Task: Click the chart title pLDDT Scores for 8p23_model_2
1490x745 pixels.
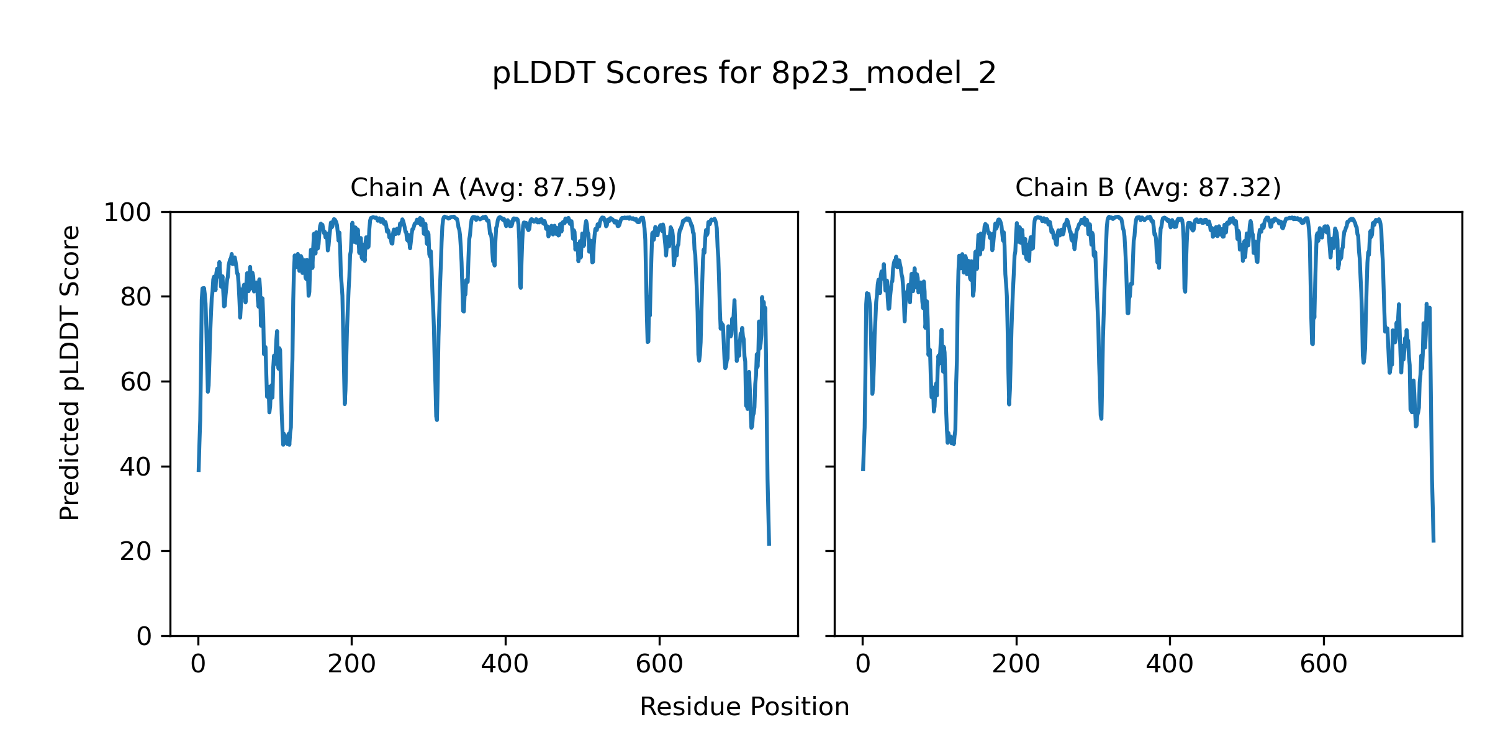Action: [x=744, y=74]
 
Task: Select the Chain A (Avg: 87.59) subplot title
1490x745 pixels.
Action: [x=483, y=187]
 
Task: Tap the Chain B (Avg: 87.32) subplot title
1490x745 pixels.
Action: [x=1148, y=187]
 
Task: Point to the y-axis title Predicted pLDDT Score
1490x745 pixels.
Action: [x=70, y=372]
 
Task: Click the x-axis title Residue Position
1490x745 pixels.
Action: [x=744, y=707]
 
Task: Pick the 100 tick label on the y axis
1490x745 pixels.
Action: [x=127, y=213]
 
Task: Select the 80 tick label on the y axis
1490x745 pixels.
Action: [x=136, y=297]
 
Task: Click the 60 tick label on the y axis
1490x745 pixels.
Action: [x=136, y=382]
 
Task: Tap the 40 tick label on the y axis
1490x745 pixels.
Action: [x=136, y=467]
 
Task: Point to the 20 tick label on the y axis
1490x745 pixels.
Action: [x=136, y=551]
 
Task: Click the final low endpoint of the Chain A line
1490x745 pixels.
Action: [x=769, y=544]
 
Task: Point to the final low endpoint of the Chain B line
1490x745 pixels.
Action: [x=1434, y=541]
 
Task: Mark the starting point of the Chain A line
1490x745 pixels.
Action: [x=198, y=471]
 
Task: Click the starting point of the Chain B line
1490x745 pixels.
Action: [x=862, y=470]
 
